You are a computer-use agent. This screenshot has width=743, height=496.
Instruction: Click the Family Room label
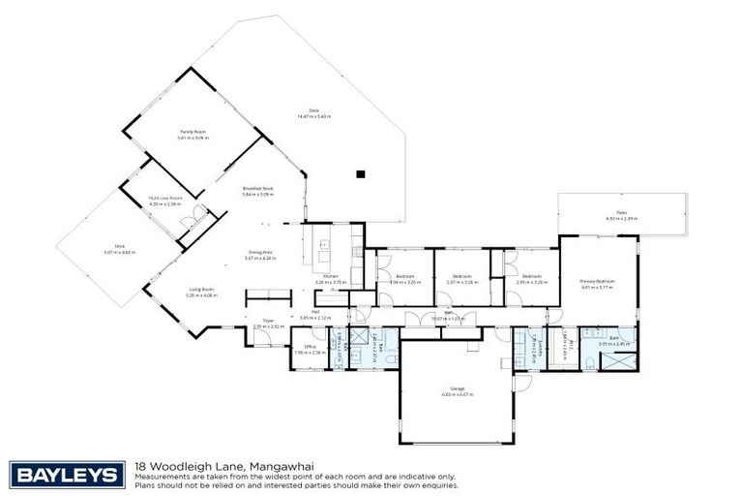[193, 132]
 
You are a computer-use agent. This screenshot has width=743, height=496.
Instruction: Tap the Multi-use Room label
[165, 198]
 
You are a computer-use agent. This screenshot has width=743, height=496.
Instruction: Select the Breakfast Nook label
[259, 189]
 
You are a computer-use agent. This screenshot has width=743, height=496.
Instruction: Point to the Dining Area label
[261, 252]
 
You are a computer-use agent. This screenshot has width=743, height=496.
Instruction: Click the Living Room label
[201, 290]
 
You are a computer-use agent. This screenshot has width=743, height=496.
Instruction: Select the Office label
[311, 346]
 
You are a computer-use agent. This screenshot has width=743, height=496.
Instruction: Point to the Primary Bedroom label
[598, 282]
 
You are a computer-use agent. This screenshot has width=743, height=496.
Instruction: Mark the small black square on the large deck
[360, 174]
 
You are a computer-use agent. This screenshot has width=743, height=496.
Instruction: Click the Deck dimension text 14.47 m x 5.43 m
[313, 115]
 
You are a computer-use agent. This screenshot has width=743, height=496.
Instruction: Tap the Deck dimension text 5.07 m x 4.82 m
[120, 252]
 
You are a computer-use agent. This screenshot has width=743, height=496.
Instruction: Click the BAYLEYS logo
[68, 475]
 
